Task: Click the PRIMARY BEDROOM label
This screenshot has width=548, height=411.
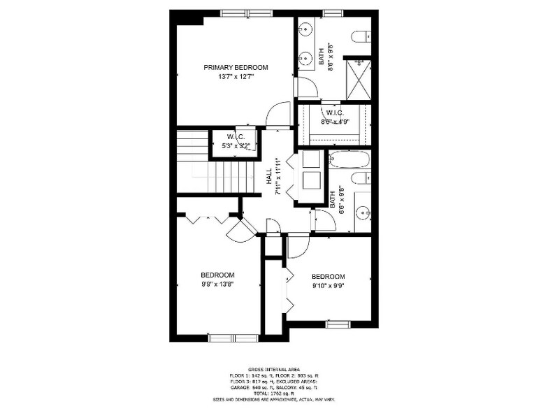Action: [x=236, y=67]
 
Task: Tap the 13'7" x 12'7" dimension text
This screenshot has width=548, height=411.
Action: [x=236, y=77]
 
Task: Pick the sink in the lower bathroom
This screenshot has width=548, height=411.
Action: [x=362, y=213]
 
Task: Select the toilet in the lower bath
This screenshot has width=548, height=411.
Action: [x=360, y=179]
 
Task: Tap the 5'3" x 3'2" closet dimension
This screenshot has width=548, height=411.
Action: [x=233, y=146]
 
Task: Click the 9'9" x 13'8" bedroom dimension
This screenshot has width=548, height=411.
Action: [x=217, y=284]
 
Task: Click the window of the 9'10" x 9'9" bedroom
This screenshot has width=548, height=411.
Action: [x=337, y=324]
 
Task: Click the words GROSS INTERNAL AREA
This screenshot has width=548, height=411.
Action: [x=273, y=369]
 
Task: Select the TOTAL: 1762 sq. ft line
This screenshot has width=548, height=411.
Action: [x=273, y=394]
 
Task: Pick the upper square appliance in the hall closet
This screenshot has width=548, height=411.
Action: [x=310, y=159]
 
